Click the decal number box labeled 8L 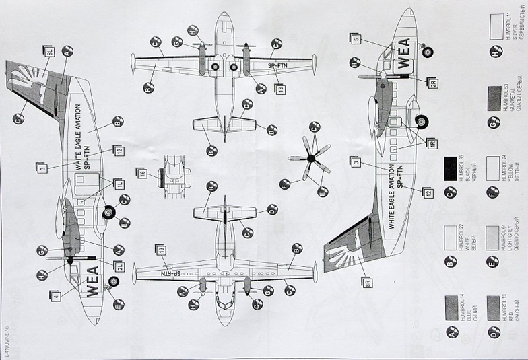(x=48, y=50)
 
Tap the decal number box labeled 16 (x=142, y=173)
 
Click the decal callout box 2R (x=432, y=83)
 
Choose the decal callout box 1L (x=119, y=183)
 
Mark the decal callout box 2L (x=119, y=266)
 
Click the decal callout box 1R (x=432, y=143)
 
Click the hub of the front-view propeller (x=310, y=158)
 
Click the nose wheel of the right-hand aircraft (x=428, y=51)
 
